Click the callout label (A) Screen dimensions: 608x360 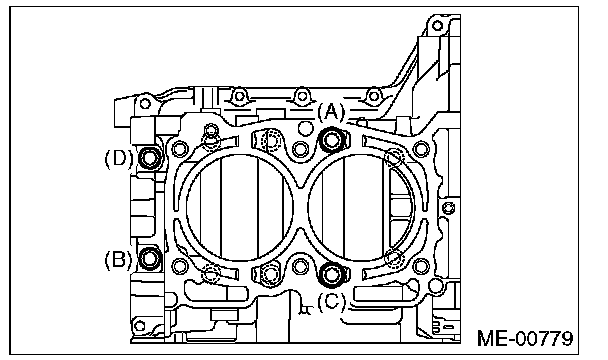(331, 112)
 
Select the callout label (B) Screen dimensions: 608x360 (118, 260)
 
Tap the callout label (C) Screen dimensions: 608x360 (331, 301)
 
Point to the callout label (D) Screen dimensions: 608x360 (119, 158)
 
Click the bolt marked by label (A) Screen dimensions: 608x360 (332, 140)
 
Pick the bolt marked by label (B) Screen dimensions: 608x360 (149, 258)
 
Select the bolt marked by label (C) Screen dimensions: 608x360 (331, 274)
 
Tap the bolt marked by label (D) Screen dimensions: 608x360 (149, 158)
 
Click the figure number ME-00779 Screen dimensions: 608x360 (525, 338)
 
